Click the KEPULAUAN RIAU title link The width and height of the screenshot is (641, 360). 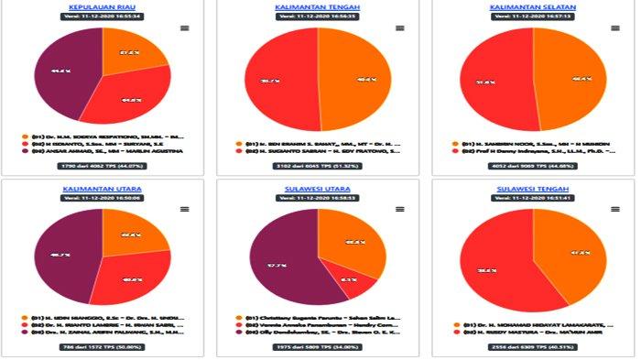(x=102, y=6)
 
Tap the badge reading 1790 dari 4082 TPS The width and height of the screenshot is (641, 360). (x=102, y=166)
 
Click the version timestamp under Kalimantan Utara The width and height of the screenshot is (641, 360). (x=102, y=197)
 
